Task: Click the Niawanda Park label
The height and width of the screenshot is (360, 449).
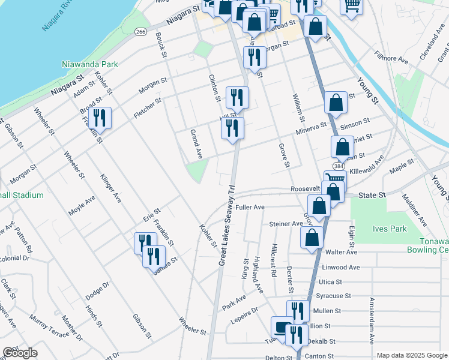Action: (89, 63)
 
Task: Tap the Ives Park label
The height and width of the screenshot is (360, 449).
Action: (390, 229)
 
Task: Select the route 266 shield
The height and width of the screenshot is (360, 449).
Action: (140, 32)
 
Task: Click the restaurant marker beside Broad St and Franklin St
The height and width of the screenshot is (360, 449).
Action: (100, 118)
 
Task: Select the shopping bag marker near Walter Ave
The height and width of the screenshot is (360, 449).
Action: (312, 237)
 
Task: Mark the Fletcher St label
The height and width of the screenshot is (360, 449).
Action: (147, 109)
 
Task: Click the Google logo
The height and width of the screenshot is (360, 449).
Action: (20, 353)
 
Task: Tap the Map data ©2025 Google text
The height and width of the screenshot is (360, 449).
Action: (411, 355)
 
